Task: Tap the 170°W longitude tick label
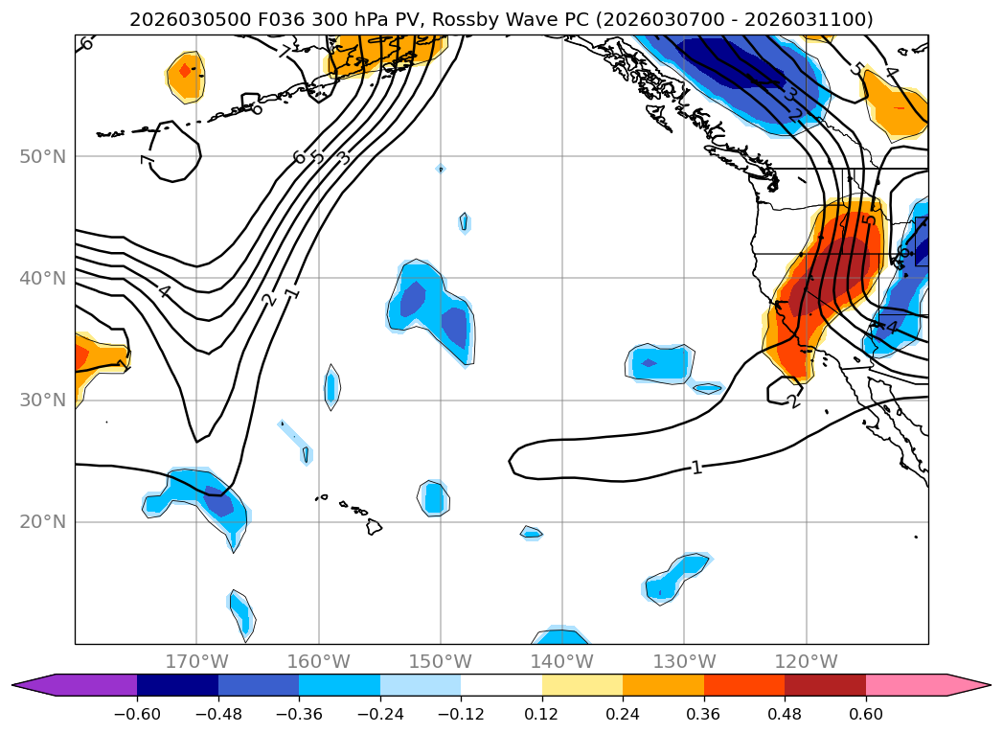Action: point(196,661)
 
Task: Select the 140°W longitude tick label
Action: point(561,661)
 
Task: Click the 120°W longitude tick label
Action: point(806,661)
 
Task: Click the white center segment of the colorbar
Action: point(501,684)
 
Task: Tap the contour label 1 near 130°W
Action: point(696,468)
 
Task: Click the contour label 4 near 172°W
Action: point(165,291)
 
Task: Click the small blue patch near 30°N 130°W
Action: point(707,388)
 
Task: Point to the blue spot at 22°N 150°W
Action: point(434,497)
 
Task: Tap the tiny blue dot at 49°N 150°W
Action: point(440,169)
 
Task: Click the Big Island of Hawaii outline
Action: point(375,526)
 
